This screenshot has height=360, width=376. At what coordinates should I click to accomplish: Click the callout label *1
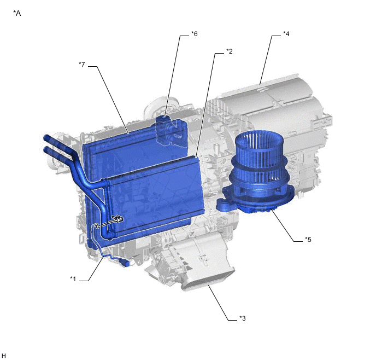click(x=73, y=279)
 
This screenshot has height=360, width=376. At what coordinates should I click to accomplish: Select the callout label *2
click(x=230, y=51)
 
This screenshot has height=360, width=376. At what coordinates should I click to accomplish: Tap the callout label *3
click(x=243, y=318)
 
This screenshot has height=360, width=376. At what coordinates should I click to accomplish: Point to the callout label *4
click(x=286, y=34)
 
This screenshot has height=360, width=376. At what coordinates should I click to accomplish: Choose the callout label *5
click(x=308, y=240)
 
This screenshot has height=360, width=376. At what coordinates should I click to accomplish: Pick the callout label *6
click(x=194, y=34)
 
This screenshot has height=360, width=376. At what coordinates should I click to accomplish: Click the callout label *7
click(x=82, y=65)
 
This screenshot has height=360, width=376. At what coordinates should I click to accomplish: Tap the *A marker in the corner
click(x=17, y=14)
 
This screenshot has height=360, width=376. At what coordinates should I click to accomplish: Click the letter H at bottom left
click(x=3, y=356)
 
